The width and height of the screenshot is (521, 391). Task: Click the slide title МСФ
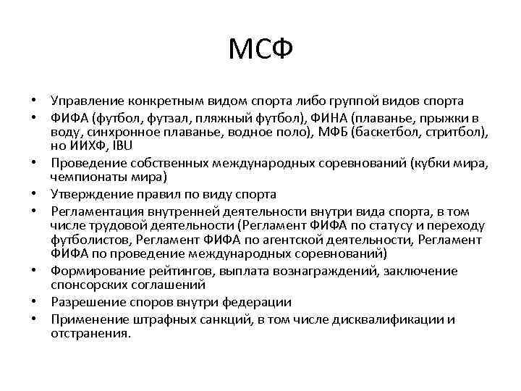coord(260,50)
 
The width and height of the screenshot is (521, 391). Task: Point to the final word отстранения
coord(90,332)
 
